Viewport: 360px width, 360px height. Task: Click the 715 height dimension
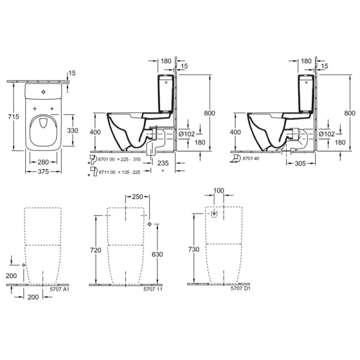14,116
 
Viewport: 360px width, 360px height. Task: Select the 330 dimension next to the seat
73,130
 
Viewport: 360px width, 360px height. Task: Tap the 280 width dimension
43,162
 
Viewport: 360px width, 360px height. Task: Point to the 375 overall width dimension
43,172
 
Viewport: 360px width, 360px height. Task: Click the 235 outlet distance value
163,163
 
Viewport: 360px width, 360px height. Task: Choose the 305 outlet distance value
300,163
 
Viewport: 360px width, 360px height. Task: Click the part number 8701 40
251,158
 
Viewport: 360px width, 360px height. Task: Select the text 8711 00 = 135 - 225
119,172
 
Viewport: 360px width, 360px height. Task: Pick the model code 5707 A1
59,289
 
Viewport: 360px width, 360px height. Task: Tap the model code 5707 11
153,289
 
